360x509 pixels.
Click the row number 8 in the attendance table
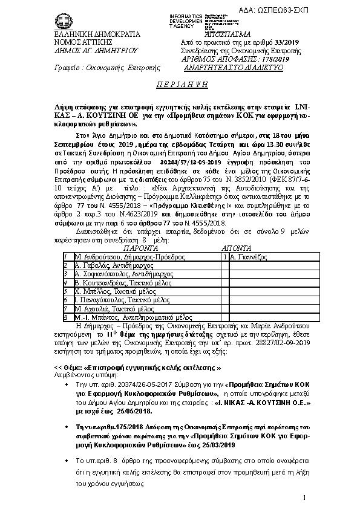[65, 316]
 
